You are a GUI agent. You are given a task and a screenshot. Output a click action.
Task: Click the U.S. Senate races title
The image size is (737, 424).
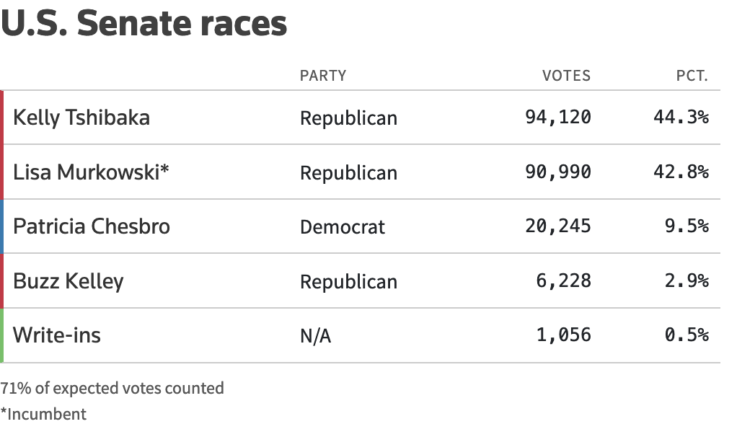pyautogui.click(x=144, y=23)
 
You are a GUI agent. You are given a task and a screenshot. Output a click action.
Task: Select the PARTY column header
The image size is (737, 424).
pyautogui.click(x=323, y=76)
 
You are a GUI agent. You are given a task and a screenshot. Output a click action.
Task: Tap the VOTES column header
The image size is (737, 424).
pyautogui.click(x=566, y=76)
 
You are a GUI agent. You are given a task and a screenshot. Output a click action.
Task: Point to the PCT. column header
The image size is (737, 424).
pyautogui.click(x=692, y=76)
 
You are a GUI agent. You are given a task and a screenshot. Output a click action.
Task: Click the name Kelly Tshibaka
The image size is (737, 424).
pyautogui.click(x=81, y=118)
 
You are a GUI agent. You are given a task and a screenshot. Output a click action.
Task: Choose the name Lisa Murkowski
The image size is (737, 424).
pyautogui.click(x=91, y=172)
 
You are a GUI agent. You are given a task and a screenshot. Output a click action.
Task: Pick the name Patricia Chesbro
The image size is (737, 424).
pyautogui.click(x=92, y=226)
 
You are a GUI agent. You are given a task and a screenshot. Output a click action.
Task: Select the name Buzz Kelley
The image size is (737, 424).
pyautogui.click(x=69, y=281)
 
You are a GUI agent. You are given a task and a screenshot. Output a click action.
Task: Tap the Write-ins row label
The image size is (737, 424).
pyautogui.click(x=57, y=335)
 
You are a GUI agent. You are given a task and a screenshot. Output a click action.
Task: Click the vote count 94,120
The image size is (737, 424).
pyautogui.click(x=557, y=118)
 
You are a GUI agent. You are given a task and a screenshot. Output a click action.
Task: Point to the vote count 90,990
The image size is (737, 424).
pyautogui.click(x=557, y=172)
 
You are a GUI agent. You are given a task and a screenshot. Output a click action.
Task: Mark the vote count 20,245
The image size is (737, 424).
pyautogui.click(x=557, y=226)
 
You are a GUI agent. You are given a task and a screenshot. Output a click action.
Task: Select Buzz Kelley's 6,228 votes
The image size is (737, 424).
pyautogui.click(x=564, y=281)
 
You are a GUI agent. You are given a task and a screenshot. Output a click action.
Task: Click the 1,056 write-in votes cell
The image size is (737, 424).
pyautogui.click(x=564, y=335)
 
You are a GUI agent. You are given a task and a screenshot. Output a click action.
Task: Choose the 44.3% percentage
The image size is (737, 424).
pyautogui.click(x=681, y=118)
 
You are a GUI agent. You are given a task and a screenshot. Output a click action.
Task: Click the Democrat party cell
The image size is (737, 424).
pyautogui.click(x=343, y=227)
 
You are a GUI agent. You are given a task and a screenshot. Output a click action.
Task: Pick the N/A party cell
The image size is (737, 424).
pyautogui.click(x=315, y=336)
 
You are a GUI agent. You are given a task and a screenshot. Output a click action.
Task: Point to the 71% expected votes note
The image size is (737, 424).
pyautogui.click(x=112, y=388)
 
